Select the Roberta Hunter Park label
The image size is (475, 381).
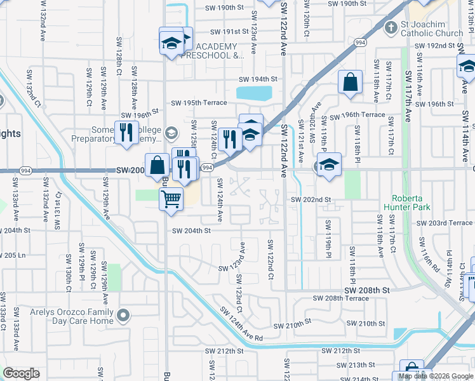coord(411,203)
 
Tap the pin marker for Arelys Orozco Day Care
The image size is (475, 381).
coord(124,314)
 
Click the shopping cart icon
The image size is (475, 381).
coord(171,199)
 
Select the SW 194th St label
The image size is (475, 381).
coord(258,79)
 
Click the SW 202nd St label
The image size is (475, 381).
coord(311,199)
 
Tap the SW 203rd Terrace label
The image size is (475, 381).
coord(445,224)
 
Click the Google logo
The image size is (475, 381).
coord(21,373)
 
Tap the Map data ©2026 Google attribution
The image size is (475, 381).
coord(436,376)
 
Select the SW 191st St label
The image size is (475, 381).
coord(225,31)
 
